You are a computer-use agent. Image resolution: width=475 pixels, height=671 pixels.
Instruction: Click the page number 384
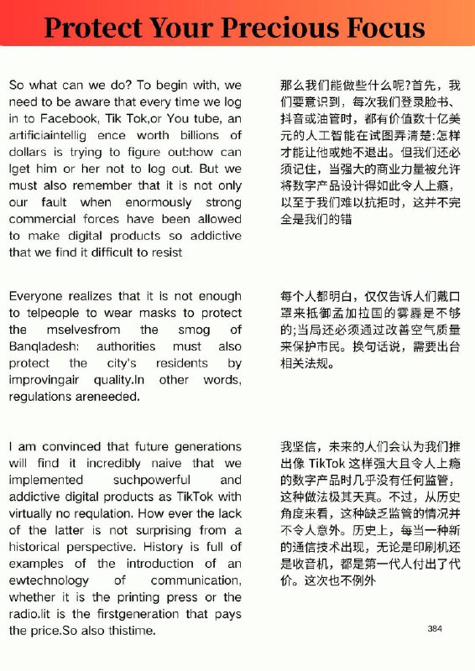tap(434, 628)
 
